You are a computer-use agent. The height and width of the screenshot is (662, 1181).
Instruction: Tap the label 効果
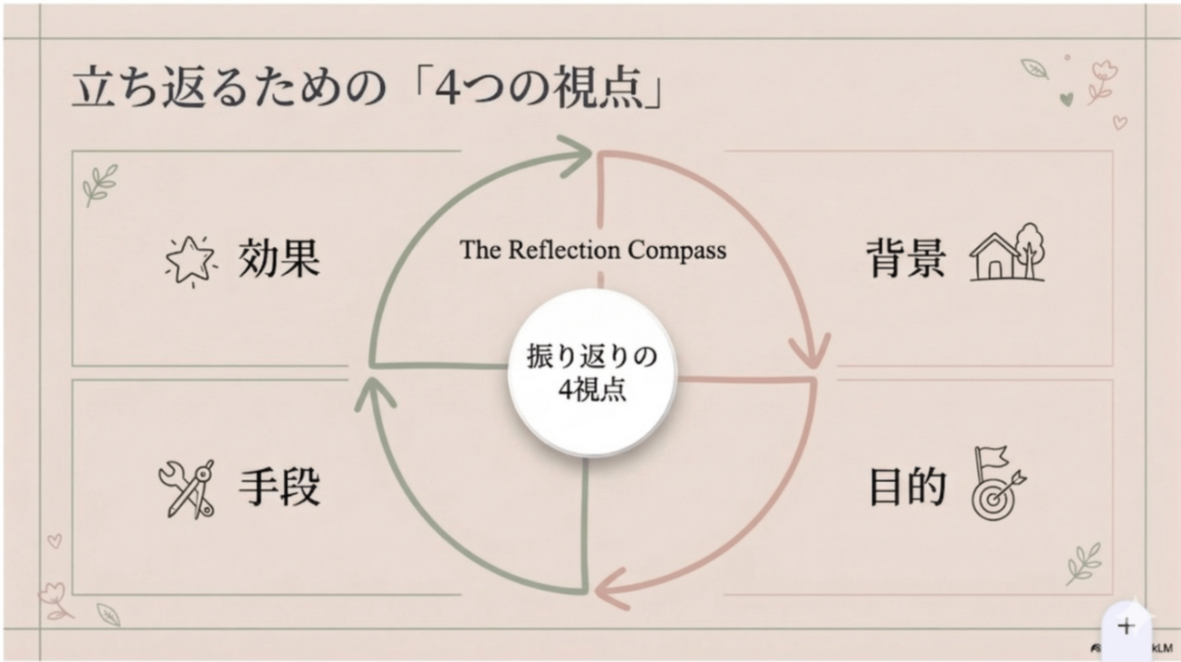tap(278, 259)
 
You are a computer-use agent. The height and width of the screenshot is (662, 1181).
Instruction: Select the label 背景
tap(905, 259)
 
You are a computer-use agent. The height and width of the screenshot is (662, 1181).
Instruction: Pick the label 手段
tap(278, 488)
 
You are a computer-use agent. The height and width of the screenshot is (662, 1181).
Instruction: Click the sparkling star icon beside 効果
tap(191, 260)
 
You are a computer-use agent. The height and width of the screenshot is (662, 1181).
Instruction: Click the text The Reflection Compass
tap(593, 250)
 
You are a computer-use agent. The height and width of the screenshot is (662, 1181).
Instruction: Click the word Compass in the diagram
tap(676, 250)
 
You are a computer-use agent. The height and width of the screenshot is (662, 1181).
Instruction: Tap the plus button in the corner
tap(1126, 626)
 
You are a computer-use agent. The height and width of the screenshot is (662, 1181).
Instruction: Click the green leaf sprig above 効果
tap(99, 184)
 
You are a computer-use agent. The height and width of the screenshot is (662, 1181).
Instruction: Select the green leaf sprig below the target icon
tap(1083, 564)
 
